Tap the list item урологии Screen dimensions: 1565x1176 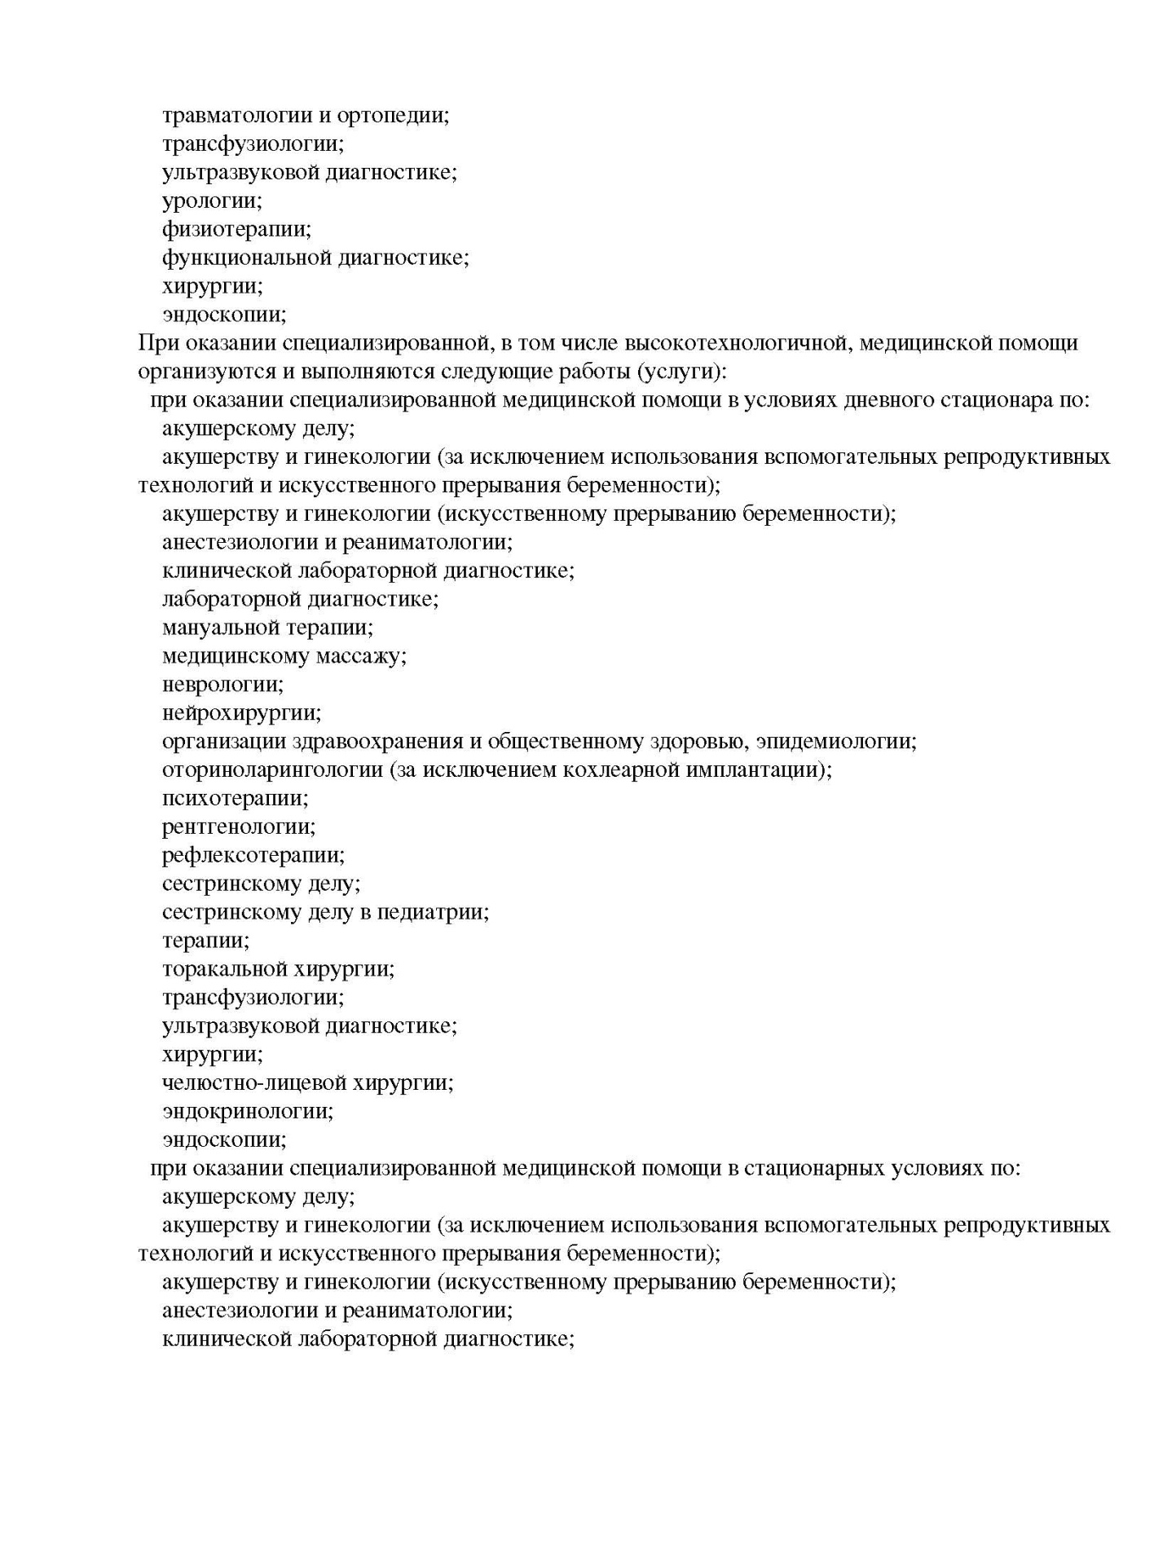212,201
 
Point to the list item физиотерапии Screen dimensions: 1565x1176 236,229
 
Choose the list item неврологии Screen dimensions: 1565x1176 222,685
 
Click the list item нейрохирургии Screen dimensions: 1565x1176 242,713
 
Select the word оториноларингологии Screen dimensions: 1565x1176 272,770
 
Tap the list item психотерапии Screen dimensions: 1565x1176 236,799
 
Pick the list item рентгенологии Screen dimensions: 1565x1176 239,827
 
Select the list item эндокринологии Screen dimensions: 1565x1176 248,1111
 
